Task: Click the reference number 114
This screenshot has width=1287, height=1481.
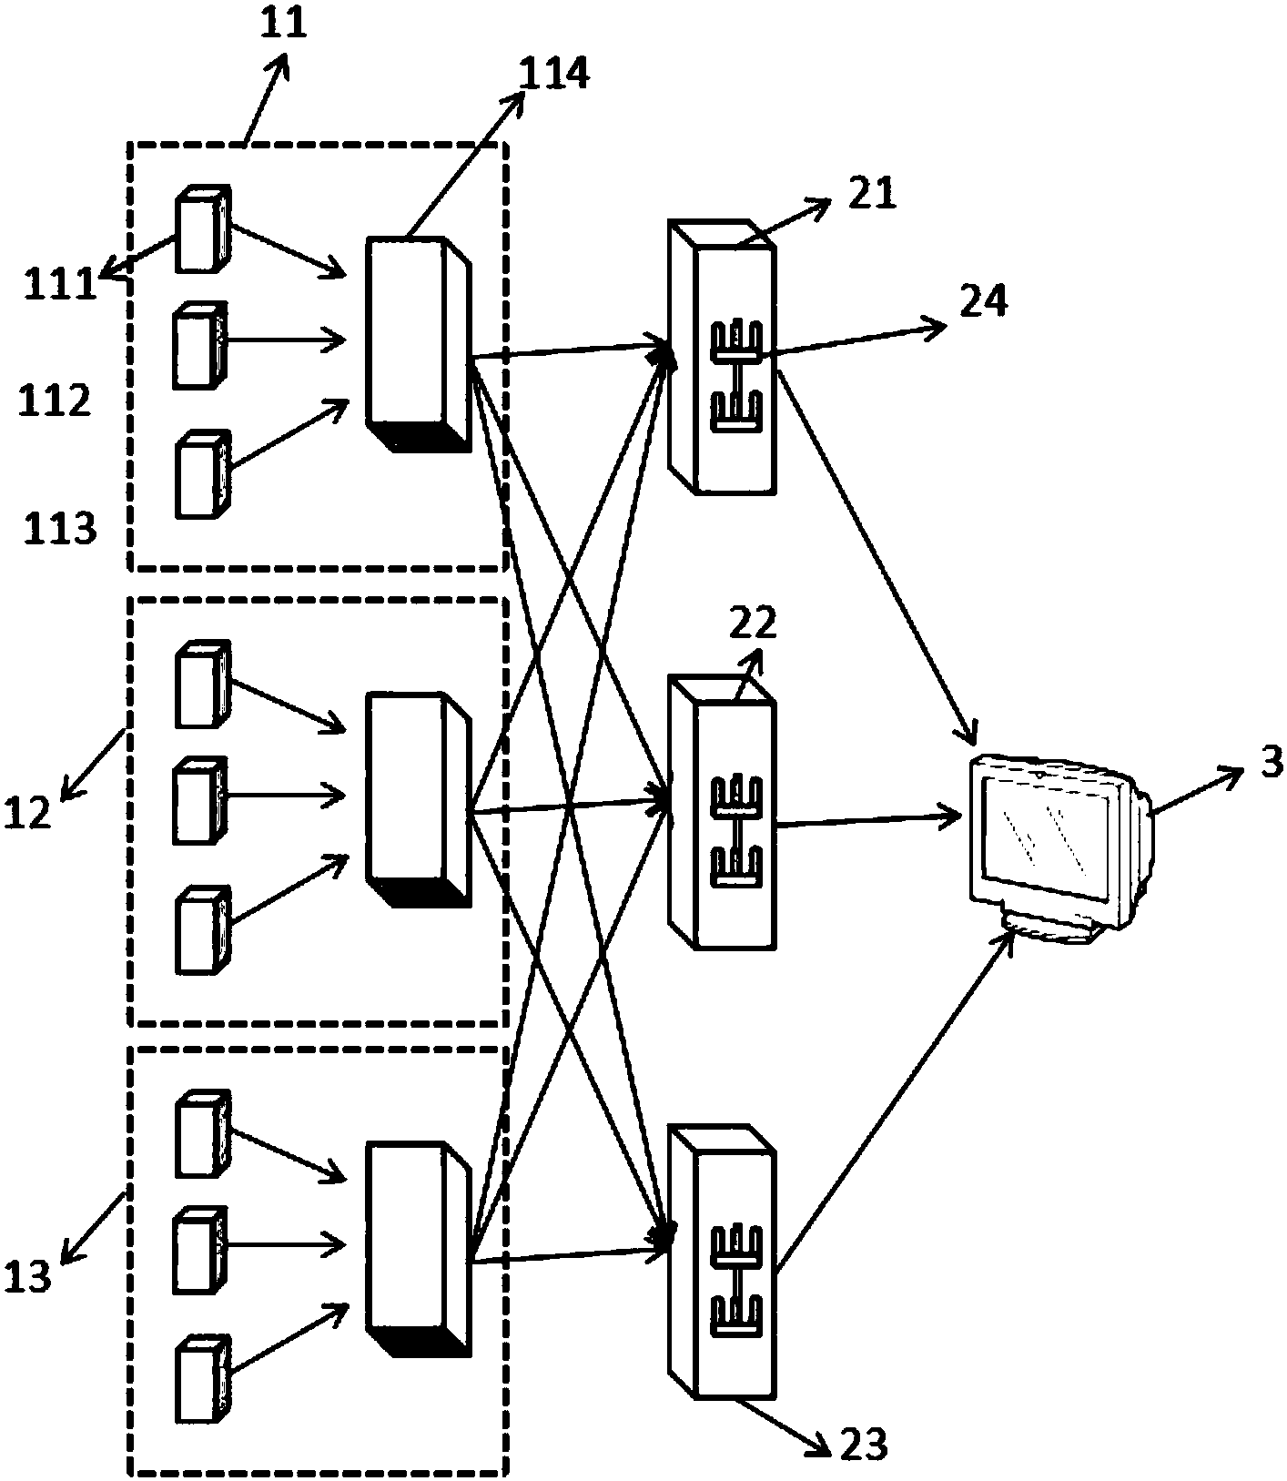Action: coord(554,74)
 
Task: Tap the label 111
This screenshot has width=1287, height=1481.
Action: coord(60,285)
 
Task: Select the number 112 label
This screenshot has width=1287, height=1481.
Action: coord(55,401)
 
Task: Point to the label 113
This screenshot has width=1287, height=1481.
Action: coord(60,527)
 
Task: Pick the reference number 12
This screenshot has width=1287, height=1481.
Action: coord(27,812)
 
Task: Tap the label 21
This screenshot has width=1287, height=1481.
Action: coord(872,194)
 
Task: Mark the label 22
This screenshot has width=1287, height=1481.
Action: coord(754,623)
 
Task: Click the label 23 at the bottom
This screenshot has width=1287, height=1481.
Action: coord(861,1443)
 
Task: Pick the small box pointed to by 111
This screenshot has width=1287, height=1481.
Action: coord(202,231)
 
